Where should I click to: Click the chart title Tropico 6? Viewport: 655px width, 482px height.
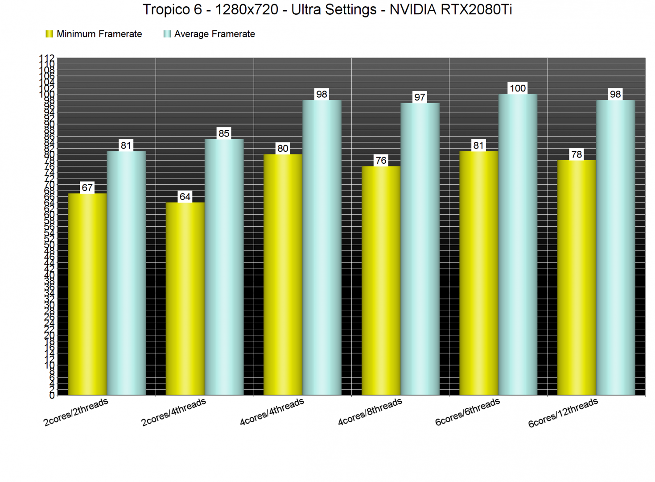327,9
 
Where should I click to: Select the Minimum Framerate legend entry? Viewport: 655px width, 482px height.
94,34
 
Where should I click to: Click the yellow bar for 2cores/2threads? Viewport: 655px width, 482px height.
87,295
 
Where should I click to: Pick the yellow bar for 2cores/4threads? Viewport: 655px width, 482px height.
185,299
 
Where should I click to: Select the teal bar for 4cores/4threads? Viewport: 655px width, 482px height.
322,248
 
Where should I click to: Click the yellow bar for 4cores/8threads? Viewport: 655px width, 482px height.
381,281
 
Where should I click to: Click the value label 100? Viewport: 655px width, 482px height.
518,88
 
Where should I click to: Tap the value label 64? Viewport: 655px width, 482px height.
185,196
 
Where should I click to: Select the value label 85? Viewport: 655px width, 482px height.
224,133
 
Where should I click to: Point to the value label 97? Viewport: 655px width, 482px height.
420,97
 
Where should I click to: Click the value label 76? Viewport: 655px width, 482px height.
381,160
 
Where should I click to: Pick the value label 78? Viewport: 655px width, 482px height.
577,154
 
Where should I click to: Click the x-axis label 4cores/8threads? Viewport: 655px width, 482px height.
370,412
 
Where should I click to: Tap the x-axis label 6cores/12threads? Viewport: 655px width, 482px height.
563,413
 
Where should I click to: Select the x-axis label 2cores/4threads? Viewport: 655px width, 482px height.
173,412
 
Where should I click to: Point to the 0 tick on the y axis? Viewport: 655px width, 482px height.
52,395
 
